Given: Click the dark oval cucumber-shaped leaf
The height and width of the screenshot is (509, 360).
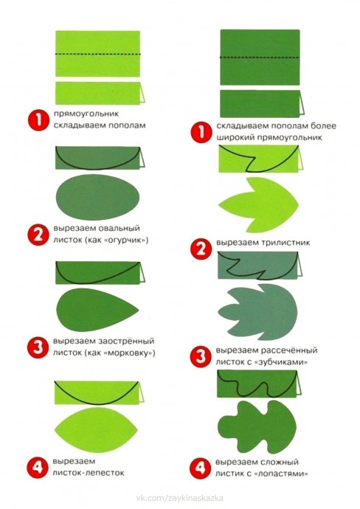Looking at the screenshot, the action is click(x=97, y=197).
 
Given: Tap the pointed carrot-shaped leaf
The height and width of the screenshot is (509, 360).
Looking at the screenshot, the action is click(x=97, y=309).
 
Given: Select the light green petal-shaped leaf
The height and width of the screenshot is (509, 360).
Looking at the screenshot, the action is click(x=97, y=430).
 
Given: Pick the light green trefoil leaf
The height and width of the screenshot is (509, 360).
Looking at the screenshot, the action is click(x=258, y=205).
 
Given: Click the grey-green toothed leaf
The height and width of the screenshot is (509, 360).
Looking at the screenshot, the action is click(x=257, y=312).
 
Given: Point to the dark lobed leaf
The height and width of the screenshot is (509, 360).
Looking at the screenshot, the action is click(x=257, y=427).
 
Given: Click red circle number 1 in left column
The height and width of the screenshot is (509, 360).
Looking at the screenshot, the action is click(x=38, y=120).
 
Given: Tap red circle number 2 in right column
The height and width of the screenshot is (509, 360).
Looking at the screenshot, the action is click(x=201, y=249).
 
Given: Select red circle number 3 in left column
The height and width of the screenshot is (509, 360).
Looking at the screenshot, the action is click(x=38, y=347).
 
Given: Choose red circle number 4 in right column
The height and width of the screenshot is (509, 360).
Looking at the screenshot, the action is click(x=200, y=468).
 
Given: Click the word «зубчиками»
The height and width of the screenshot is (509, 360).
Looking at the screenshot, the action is click(x=281, y=362).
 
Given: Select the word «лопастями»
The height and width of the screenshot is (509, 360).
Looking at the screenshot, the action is click(x=282, y=474).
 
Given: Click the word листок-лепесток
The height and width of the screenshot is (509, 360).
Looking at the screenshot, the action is click(x=89, y=473).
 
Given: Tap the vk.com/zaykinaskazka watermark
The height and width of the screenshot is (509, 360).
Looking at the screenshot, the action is click(x=179, y=498).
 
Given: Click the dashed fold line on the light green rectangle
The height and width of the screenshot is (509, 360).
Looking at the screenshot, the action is click(x=97, y=54).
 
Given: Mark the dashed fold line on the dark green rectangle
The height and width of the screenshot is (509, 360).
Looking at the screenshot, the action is click(x=260, y=58).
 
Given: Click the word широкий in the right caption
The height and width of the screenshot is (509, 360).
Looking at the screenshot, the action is click(x=235, y=137).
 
